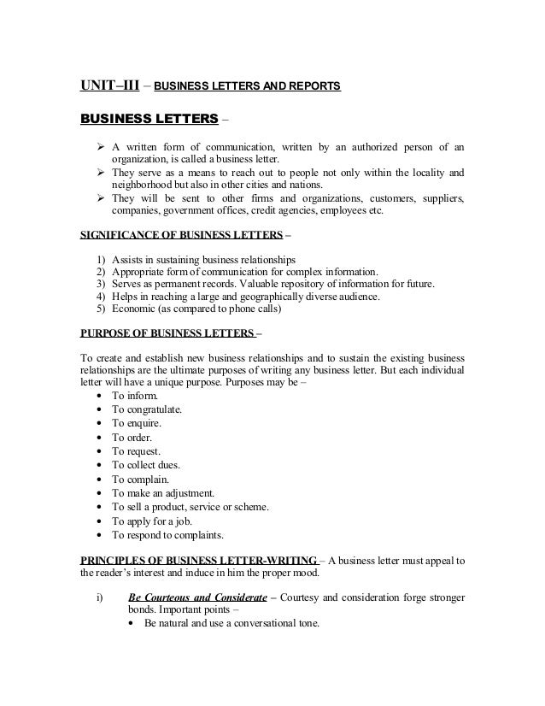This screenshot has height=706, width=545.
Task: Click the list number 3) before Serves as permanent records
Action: point(93,284)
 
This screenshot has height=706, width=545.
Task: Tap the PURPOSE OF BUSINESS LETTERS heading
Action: point(162,332)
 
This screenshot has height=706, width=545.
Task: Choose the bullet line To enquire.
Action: point(136,423)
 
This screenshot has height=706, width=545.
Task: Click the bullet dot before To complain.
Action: point(103,479)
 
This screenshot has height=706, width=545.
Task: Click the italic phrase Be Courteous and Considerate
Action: point(193,596)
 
